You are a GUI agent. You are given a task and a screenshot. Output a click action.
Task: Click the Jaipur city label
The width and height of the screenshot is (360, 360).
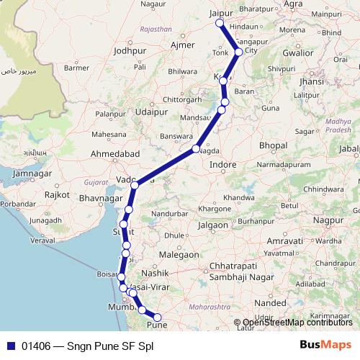[x=224, y=12]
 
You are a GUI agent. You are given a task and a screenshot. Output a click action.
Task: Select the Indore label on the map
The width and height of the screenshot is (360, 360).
[x=223, y=165]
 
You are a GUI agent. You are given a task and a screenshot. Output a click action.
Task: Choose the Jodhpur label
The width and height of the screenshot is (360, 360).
[x=129, y=51]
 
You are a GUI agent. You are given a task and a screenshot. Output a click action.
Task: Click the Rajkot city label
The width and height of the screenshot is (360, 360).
[x=57, y=194]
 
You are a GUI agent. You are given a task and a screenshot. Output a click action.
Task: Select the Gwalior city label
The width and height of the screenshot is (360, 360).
[x=297, y=53]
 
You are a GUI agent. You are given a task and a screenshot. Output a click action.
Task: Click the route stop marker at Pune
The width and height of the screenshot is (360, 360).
[x=158, y=317]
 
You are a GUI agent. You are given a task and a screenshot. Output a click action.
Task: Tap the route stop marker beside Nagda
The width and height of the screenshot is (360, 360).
[x=196, y=149]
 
